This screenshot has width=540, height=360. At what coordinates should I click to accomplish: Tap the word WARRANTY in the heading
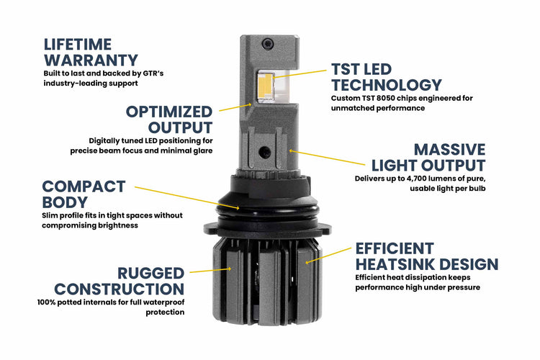[91, 60]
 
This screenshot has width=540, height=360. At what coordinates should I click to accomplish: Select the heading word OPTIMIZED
[169, 112]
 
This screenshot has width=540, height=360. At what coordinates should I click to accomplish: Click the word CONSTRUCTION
[120, 289]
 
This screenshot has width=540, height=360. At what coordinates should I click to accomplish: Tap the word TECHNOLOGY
[385, 86]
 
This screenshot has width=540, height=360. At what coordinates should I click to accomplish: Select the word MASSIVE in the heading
[449, 150]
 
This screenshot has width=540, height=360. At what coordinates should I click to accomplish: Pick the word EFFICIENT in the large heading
[395, 248]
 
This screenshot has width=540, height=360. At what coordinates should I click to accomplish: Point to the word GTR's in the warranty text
[180, 73]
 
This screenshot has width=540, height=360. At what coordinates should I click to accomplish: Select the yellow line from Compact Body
[187, 197]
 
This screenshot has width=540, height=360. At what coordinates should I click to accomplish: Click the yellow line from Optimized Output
[235, 107]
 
